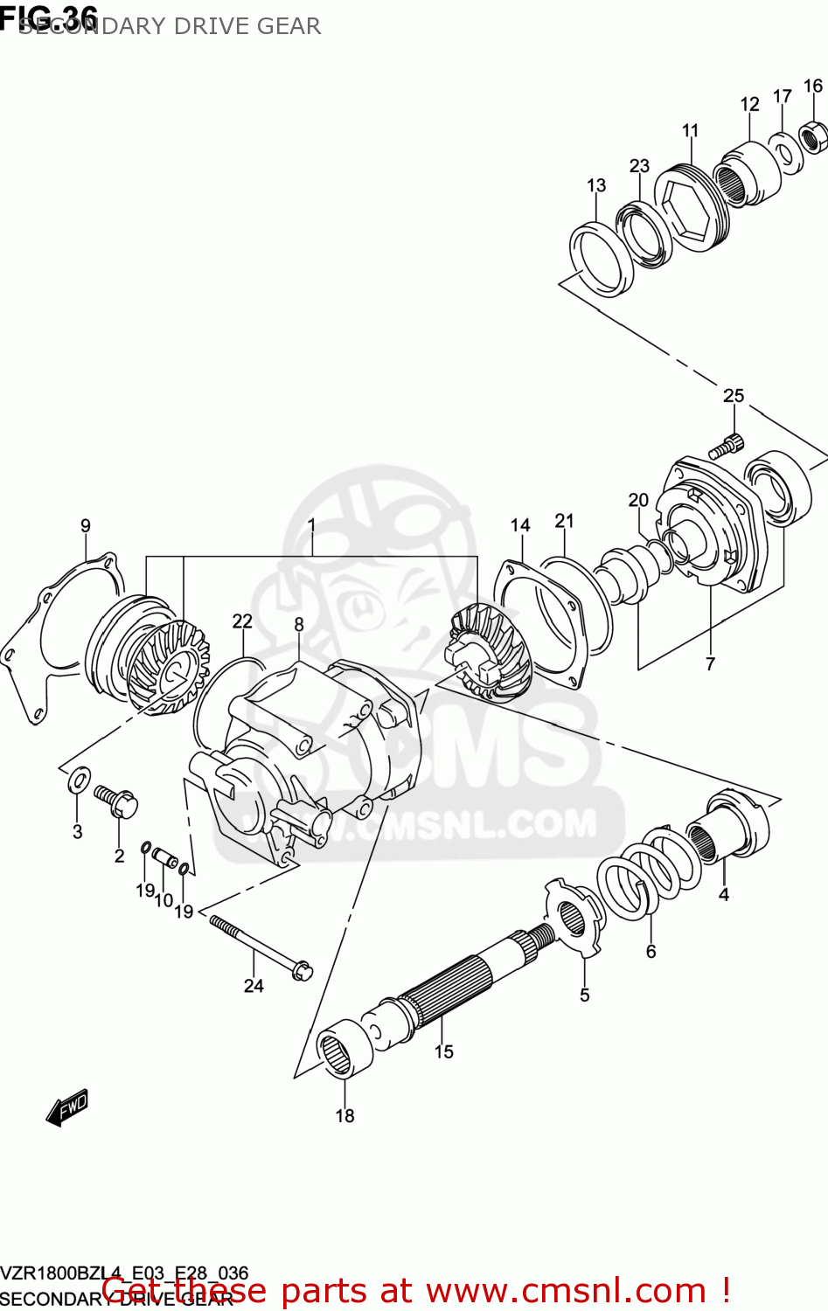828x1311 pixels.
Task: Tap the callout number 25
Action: [733, 396]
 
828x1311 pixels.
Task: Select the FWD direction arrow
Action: [68, 1106]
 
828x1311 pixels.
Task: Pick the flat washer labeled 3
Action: [79, 778]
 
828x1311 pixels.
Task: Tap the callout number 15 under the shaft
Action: [443, 1051]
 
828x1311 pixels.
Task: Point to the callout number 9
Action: [85, 525]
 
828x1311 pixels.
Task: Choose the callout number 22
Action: [242, 621]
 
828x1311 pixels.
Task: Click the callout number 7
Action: [710, 663]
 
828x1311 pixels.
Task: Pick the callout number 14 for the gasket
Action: [520, 524]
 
